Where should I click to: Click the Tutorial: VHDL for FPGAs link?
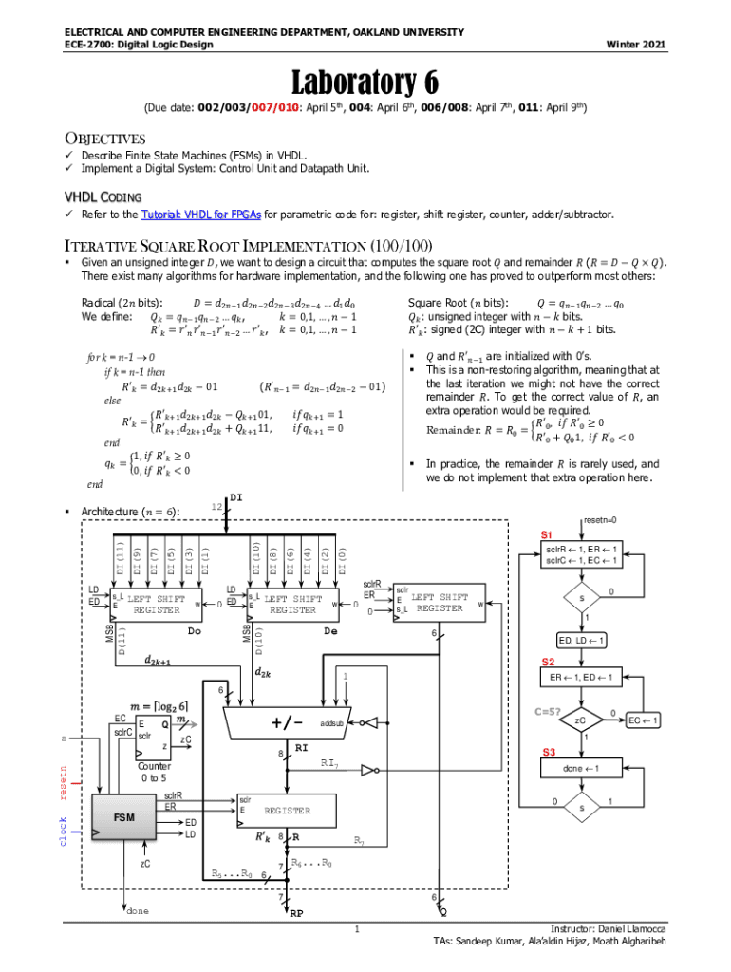click(x=201, y=215)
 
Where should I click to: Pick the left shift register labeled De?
click(x=292, y=604)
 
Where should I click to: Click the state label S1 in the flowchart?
click(x=548, y=535)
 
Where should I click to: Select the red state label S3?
click(x=549, y=752)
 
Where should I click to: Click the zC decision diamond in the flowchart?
click(x=580, y=721)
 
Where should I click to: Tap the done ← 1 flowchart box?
click(x=580, y=767)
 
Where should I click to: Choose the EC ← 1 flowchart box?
click(x=644, y=721)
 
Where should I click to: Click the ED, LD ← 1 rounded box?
click(x=580, y=641)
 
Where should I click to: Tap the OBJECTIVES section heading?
click(x=103, y=139)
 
